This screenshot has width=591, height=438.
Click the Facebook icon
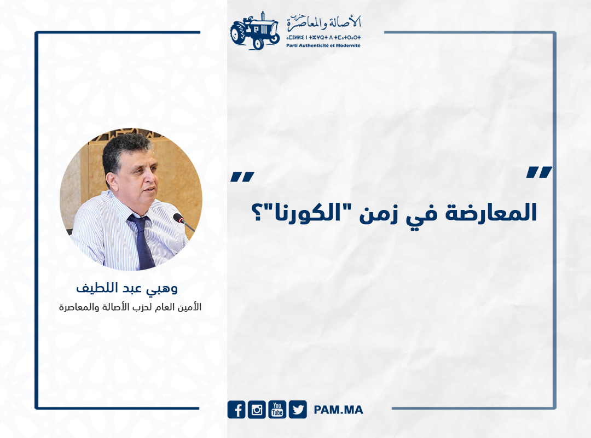236,410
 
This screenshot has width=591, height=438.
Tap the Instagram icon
257,410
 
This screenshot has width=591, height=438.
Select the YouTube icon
277,410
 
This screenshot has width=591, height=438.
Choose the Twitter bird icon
298,410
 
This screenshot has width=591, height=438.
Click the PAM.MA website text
339,410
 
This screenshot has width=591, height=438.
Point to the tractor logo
255,31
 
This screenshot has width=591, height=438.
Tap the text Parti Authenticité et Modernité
323,45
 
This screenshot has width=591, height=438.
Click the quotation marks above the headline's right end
540,172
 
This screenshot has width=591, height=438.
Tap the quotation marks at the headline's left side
242,177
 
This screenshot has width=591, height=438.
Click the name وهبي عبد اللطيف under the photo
127,289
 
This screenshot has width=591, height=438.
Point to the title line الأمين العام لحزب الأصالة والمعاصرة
130,307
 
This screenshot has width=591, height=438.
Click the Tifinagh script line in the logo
323,38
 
